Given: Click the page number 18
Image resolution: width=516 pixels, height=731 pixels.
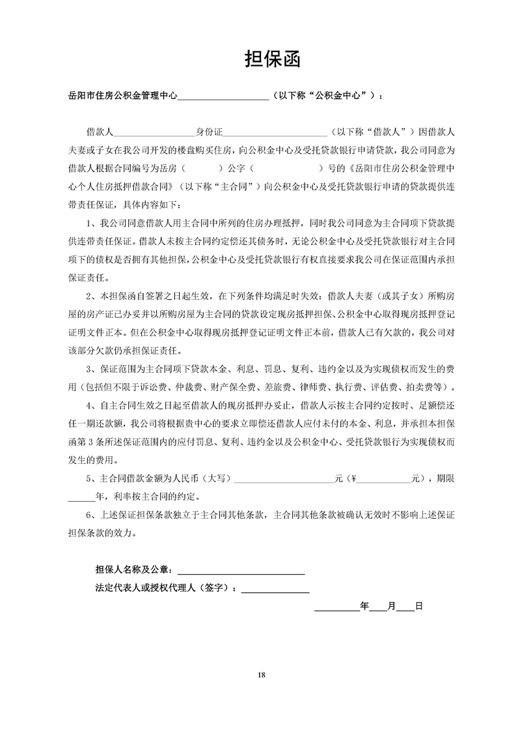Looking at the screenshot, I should [262, 674].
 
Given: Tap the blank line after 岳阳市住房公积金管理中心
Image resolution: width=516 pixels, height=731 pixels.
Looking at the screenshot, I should [223, 97].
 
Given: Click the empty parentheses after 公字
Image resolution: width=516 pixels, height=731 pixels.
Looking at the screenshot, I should [290, 167].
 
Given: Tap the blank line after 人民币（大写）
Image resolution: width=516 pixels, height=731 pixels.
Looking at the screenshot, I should [283, 478].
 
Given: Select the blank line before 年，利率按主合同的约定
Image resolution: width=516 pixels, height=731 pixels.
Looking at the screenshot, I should [81, 496].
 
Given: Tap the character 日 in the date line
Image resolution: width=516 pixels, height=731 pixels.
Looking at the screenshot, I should [419, 607].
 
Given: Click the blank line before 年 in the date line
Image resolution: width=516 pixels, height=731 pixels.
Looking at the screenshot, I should [336, 607].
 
